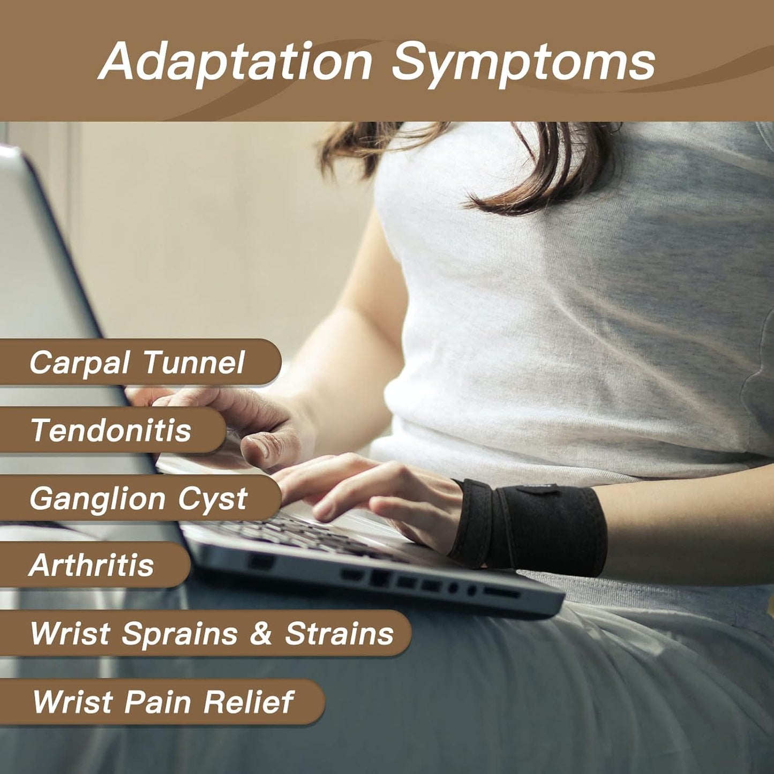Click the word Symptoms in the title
click(523, 64)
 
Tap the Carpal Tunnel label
click(137, 362)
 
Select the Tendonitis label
click(111, 430)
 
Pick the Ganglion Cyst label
click(138, 499)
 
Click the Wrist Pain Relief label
click(163, 703)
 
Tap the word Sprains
click(180, 634)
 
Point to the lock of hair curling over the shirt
click(534, 177)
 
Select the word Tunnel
click(193, 362)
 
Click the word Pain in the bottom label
click(157, 703)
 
